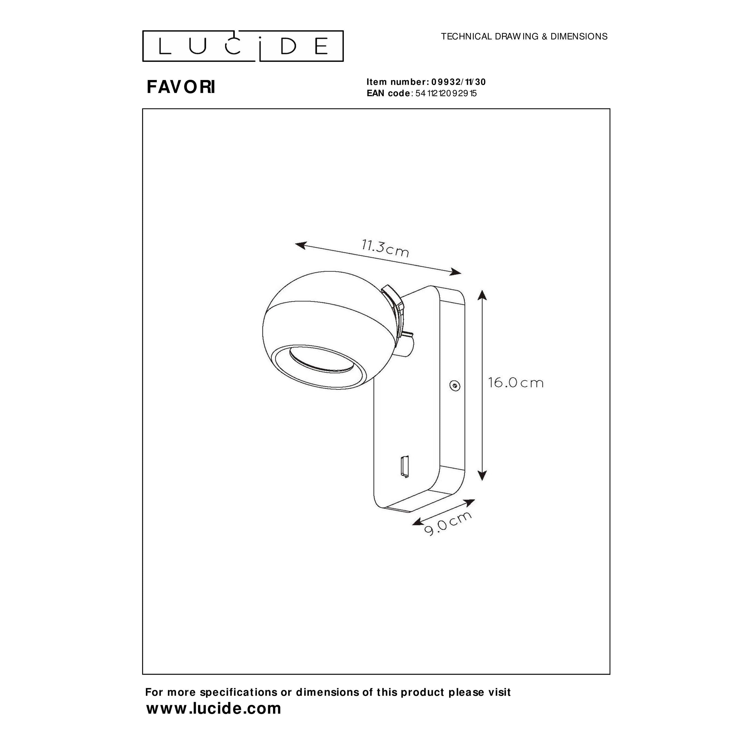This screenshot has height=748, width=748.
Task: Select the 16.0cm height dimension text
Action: (x=516, y=383)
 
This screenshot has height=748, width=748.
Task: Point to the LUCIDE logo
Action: (x=243, y=46)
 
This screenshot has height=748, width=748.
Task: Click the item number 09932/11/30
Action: (x=459, y=82)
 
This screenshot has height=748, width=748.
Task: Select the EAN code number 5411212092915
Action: (x=446, y=93)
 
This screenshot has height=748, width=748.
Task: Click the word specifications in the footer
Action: (x=239, y=692)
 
